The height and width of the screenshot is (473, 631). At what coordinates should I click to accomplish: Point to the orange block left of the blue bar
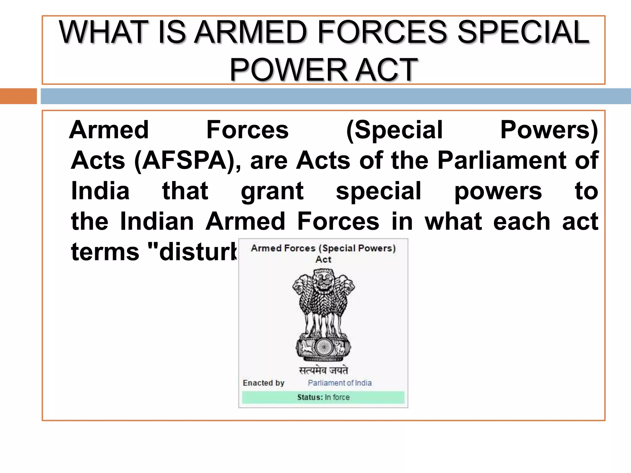[18, 96]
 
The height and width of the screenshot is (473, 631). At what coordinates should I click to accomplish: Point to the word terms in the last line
[105, 252]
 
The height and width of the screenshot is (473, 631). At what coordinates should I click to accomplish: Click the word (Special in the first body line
[394, 130]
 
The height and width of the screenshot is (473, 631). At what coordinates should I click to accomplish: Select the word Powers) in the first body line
[549, 130]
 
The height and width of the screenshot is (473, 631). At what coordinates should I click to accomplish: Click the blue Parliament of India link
[340, 383]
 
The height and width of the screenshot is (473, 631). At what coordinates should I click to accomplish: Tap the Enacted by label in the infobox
[263, 383]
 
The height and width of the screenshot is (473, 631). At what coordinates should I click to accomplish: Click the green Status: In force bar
[323, 397]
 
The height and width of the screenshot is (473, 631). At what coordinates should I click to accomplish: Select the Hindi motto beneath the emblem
[323, 370]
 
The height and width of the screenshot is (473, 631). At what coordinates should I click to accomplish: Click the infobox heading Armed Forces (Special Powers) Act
[323, 253]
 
